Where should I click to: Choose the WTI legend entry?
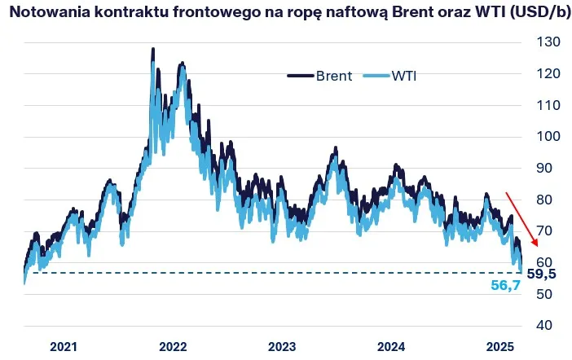click(x=407, y=76)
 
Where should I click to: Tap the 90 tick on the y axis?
click(x=545, y=168)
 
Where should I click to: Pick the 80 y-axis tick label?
click(x=545, y=200)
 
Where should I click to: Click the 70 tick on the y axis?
click(x=545, y=231)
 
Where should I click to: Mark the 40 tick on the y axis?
click(x=545, y=326)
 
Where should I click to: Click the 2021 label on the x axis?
click(x=64, y=346)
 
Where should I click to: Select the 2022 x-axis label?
click(x=173, y=346)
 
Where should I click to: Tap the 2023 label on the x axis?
click(x=282, y=346)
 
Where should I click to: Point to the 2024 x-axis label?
click(x=391, y=346)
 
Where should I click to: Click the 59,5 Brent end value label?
click(x=542, y=274)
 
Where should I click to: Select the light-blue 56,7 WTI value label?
click(x=506, y=287)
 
